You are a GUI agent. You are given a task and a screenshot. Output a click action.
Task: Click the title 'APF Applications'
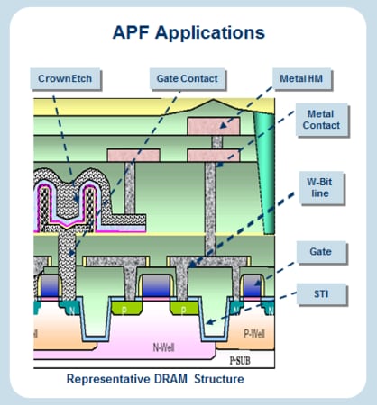click(x=188, y=33)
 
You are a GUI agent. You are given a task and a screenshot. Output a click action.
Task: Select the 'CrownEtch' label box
click(x=65, y=78)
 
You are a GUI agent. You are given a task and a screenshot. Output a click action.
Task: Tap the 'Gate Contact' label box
click(x=187, y=78)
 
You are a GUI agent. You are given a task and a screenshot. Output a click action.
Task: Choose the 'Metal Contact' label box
click(x=324, y=120)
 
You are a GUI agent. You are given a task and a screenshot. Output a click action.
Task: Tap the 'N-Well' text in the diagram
click(x=164, y=345)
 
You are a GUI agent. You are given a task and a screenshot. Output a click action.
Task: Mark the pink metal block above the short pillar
click(x=132, y=155)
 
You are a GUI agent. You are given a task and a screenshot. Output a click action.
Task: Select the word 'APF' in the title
click(x=132, y=33)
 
